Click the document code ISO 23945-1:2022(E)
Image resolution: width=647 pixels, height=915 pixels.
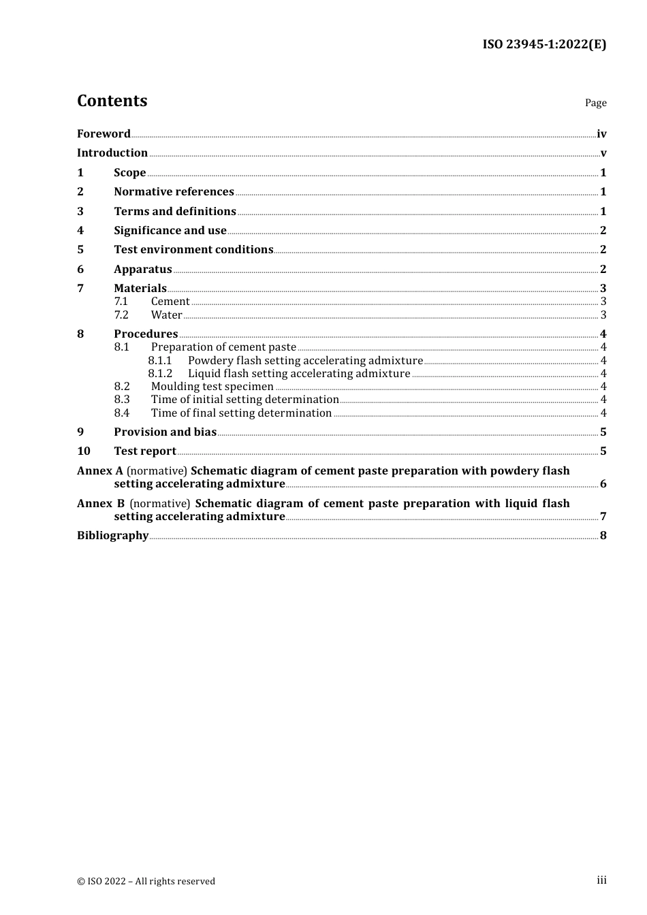coord(544,44)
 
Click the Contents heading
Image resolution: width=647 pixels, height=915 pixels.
coord(112,101)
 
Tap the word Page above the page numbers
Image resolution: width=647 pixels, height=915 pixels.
coord(595,103)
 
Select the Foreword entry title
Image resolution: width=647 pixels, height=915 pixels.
coord(104,133)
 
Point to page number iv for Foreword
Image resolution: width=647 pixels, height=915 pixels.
coord(601,134)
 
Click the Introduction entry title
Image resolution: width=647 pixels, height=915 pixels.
coord(112,153)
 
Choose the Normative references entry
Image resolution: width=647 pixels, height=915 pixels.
coord(174,192)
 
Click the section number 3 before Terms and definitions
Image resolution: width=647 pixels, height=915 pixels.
coord(80,212)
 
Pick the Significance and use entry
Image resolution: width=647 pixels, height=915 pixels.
coord(170,231)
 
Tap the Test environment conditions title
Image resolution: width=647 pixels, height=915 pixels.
coord(193,250)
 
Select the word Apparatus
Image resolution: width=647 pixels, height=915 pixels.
coord(142,270)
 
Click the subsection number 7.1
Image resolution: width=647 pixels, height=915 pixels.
coord(121,302)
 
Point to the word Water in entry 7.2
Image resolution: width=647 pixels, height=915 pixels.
coord(166,315)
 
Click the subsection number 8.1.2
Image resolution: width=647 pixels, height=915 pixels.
coord(160,374)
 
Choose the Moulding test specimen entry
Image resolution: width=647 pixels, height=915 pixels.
coord(212,387)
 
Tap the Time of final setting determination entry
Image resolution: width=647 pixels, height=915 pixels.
coord(241,413)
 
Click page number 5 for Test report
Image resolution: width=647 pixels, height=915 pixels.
coord(603,451)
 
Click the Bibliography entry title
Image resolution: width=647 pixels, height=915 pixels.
coord(112,536)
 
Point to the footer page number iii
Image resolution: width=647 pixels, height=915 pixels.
coord(601,880)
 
